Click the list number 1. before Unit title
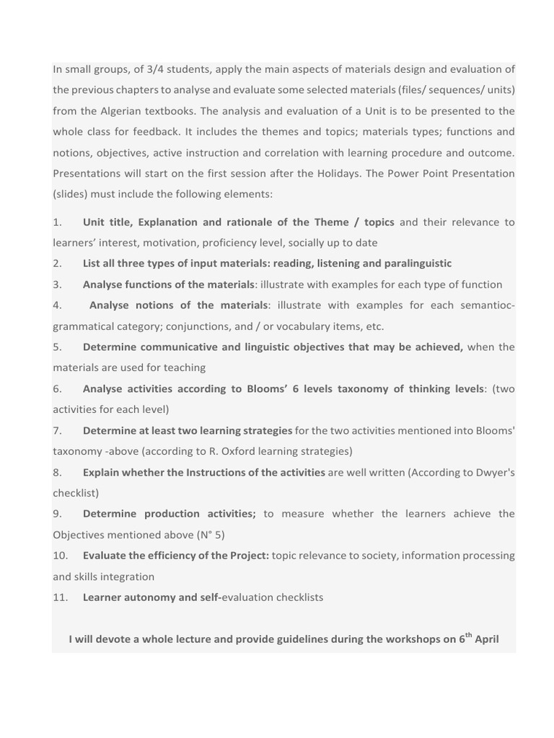tap(58, 222)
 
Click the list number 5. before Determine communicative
tap(58, 347)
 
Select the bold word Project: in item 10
tap(247, 556)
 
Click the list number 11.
tap(61, 597)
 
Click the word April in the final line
tap(486, 639)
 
